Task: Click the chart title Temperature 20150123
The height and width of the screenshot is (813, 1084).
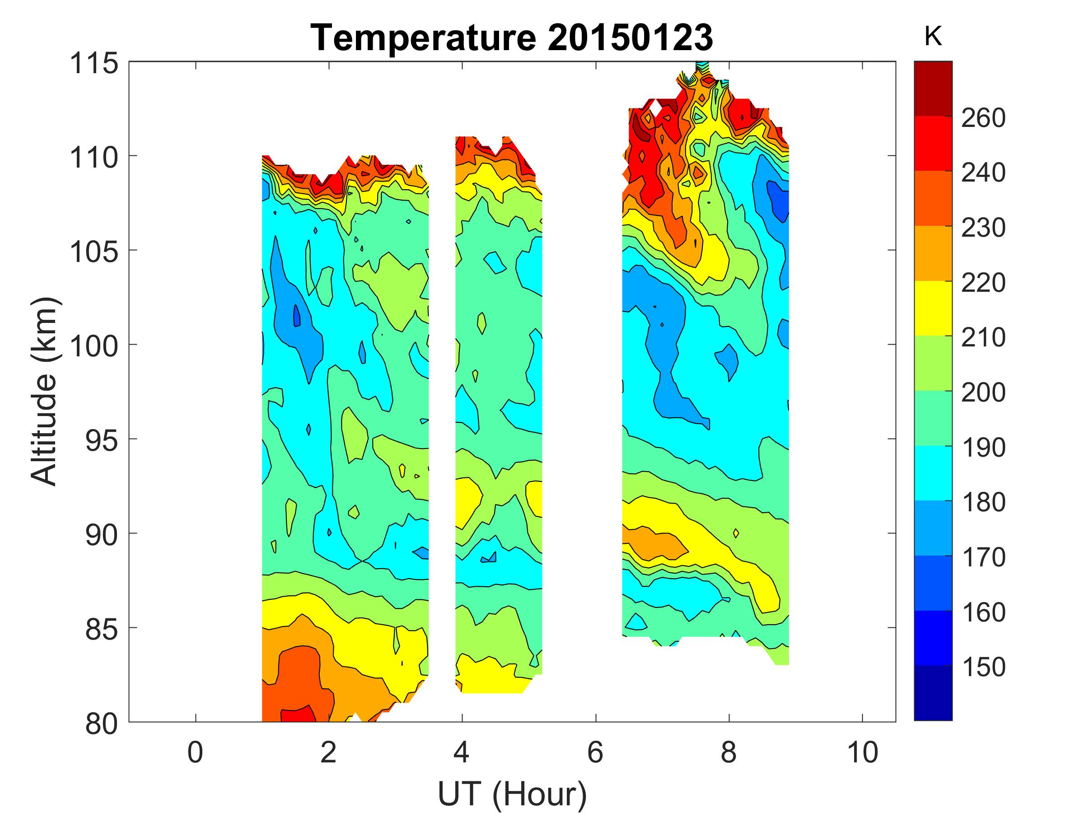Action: pyautogui.click(x=512, y=38)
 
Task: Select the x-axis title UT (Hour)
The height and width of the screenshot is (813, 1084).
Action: pyautogui.click(x=512, y=793)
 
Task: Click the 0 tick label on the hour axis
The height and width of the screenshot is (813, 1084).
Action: pyautogui.click(x=195, y=752)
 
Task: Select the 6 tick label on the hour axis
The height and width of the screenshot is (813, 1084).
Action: pyautogui.click(x=595, y=752)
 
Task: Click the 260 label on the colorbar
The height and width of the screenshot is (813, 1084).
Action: pyautogui.click(x=983, y=118)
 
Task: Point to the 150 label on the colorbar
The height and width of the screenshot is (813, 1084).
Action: pyautogui.click(x=983, y=667)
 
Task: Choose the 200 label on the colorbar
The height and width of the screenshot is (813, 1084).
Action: pyautogui.click(x=983, y=392)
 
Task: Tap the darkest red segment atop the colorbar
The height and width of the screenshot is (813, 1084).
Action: pyautogui.click(x=933, y=89)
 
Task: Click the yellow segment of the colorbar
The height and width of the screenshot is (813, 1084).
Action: pyautogui.click(x=933, y=308)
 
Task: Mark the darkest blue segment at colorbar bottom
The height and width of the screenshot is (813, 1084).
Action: pyautogui.click(x=933, y=693)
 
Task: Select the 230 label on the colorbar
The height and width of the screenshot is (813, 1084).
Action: pyautogui.click(x=983, y=228)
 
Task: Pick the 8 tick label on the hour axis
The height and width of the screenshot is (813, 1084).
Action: pyautogui.click(x=729, y=752)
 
